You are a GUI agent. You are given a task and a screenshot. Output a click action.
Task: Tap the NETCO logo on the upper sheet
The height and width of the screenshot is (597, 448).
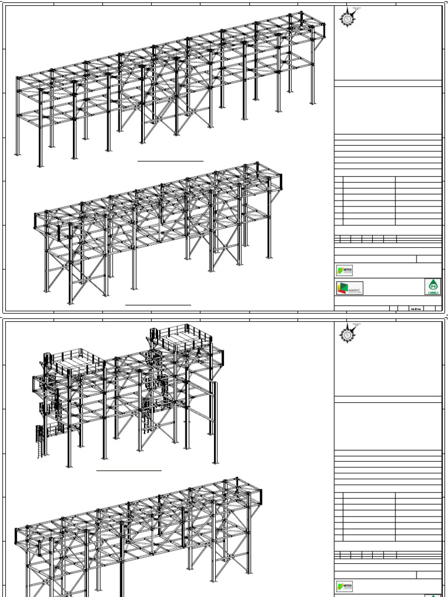tap(345, 271)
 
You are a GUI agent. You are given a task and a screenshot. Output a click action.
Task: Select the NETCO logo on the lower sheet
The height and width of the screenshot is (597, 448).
tap(345, 587)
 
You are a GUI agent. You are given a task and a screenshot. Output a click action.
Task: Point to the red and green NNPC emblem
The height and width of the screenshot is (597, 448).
tap(342, 288)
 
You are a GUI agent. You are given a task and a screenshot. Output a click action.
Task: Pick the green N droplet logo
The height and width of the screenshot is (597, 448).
tap(433, 286)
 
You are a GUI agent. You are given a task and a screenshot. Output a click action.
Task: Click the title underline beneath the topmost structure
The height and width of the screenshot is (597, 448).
tap(170, 160)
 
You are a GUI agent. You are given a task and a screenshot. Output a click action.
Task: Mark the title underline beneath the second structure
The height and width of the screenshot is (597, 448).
tap(158, 304)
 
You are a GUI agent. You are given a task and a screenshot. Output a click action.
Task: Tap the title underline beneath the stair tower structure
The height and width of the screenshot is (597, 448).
tap(129, 469)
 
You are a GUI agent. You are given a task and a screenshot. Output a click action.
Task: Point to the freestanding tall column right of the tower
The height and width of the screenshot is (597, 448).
tap(215, 423)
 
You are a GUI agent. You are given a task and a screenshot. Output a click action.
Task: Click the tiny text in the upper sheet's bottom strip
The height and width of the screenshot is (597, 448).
tap(416, 309)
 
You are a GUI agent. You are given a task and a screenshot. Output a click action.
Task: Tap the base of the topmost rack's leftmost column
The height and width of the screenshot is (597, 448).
tap(17, 154)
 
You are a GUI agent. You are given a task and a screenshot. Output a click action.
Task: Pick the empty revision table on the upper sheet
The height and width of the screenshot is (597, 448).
tap(388, 200)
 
